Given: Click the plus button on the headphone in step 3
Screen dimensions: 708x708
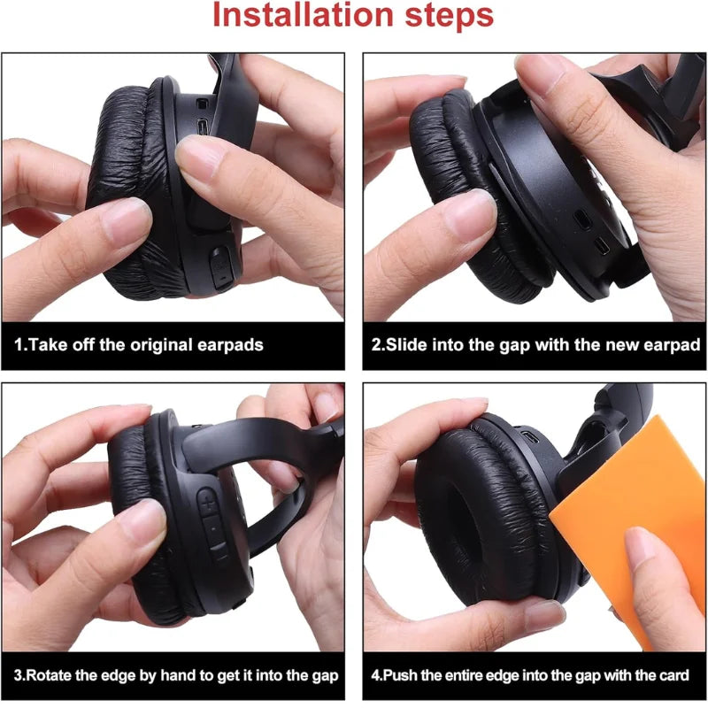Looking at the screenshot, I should coord(208,505).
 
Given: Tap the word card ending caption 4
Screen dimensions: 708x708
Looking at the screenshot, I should coord(672,675).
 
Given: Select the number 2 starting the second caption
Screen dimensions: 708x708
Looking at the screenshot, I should coord(374,345).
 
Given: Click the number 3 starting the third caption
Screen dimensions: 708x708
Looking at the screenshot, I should coord(18,675).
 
